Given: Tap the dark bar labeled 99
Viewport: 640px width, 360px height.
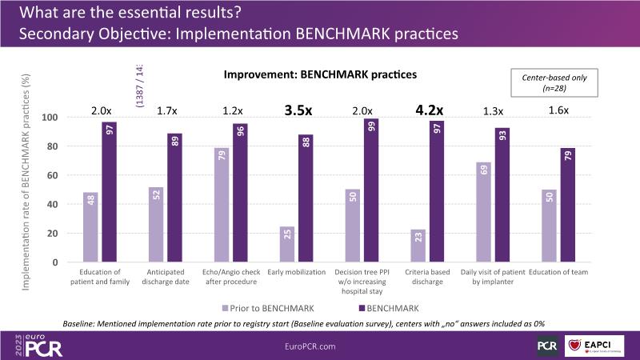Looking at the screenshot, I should pos(372,190).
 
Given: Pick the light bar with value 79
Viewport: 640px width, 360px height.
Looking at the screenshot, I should pos(222,205).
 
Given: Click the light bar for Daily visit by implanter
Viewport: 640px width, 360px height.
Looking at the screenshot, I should pos(484,212).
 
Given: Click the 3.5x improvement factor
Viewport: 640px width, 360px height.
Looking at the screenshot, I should pos(298,110).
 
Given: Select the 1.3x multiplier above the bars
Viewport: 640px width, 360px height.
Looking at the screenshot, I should pos(494,111).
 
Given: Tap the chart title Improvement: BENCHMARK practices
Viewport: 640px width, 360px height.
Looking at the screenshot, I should pos(320,74).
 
